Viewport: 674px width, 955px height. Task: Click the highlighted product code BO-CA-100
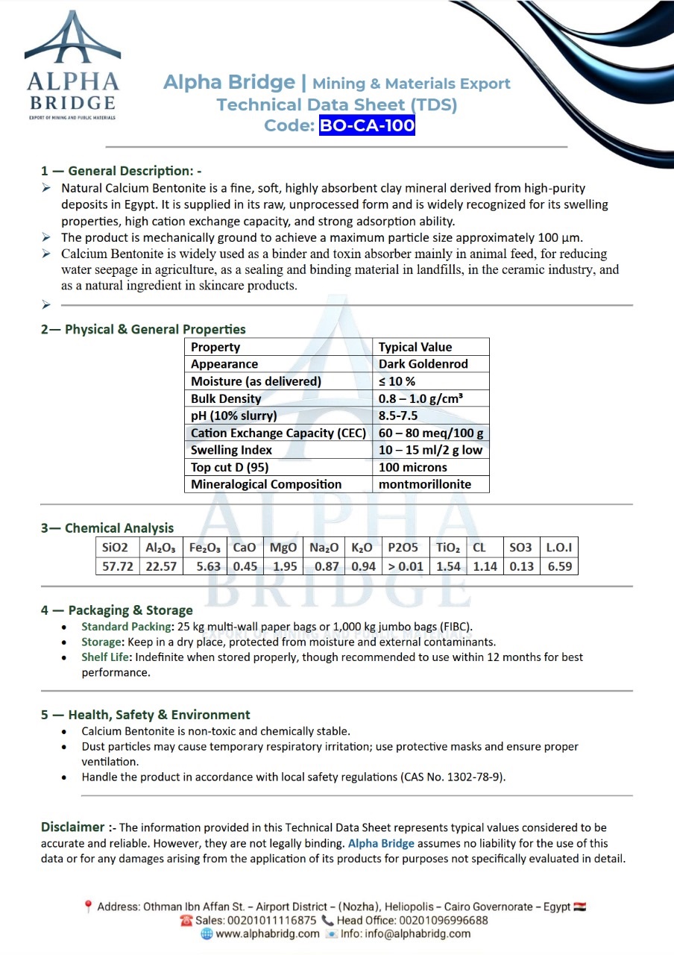367,125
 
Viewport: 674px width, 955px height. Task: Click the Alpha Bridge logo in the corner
72,66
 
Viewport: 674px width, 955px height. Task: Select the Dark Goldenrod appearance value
422,364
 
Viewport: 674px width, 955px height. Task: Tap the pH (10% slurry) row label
233,416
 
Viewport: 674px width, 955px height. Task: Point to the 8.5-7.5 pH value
403,416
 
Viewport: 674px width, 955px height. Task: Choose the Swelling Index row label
231,450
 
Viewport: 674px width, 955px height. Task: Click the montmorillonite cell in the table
425,484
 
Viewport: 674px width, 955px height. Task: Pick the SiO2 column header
116,548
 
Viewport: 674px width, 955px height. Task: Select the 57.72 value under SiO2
117,566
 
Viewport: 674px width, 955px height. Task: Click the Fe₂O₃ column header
204,548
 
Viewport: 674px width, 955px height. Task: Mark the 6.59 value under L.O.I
559,566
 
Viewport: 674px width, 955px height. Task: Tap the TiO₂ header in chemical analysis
449,548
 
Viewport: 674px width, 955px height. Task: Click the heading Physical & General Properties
155,329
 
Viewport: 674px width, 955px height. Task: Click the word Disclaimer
72,827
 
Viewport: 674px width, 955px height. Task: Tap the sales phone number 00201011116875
275,921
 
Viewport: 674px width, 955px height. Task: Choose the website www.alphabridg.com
267,934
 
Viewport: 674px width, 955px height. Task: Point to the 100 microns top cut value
413,467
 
